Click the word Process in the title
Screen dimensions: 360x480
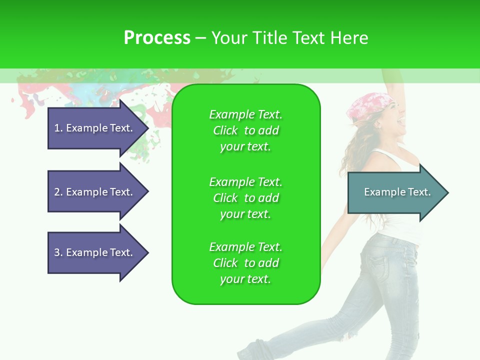(157, 38)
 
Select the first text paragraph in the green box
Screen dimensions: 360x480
(245, 130)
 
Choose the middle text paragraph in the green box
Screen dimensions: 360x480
(245, 198)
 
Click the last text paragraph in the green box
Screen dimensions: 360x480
(245, 263)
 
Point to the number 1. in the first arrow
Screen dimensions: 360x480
(58, 128)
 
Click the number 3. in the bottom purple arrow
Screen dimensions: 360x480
(58, 252)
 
